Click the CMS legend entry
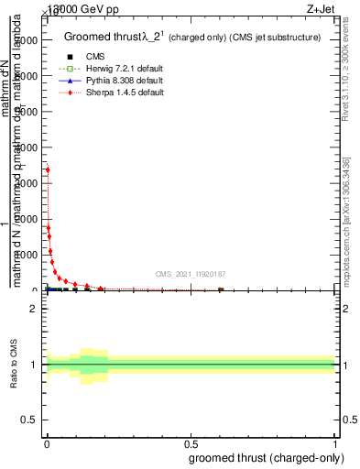tap(94, 57)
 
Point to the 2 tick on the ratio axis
tap(34, 309)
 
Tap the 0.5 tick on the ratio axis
tap(29, 420)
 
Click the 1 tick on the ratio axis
tap(34, 365)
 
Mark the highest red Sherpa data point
tap(48, 169)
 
